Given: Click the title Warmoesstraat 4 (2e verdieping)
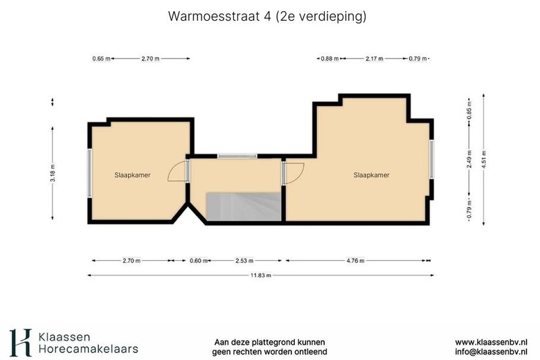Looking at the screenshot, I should click(x=267, y=16).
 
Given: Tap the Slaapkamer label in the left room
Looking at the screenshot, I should click(x=132, y=175).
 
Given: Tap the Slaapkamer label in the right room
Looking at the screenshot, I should click(x=371, y=175).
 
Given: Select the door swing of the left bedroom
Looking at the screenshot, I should click(x=179, y=171).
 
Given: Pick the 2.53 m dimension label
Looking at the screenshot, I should click(x=244, y=261).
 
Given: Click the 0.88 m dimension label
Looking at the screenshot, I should click(x=329, y=59).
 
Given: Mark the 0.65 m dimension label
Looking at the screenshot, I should click(x=101, y=59).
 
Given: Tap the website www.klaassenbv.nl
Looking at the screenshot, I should click(x=491, y=342).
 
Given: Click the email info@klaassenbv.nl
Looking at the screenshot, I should click(x=491, y=352).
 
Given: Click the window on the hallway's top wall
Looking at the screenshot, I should click(x=237, y=156).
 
